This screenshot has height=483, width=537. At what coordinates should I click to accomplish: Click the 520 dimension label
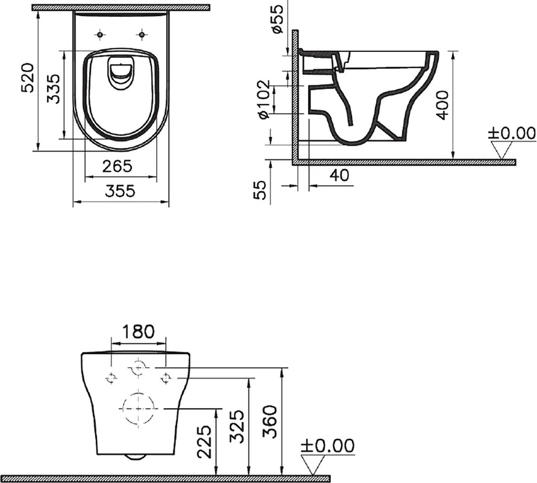click(27, 77)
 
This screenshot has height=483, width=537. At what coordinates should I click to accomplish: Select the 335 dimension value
click(53, 89)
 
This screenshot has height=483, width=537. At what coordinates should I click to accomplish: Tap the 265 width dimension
click(117, 167)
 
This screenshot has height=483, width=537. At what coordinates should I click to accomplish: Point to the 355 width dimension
click(120, 191)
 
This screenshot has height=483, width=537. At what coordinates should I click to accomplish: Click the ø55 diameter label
click(277, 19)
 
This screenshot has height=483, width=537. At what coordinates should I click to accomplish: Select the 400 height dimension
click(443, 105)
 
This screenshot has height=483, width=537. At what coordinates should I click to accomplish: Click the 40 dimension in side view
click(339, 175)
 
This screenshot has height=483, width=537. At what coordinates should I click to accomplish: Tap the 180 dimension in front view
click(139, 331)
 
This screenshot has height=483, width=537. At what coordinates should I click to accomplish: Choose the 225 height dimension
click(204, 442)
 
